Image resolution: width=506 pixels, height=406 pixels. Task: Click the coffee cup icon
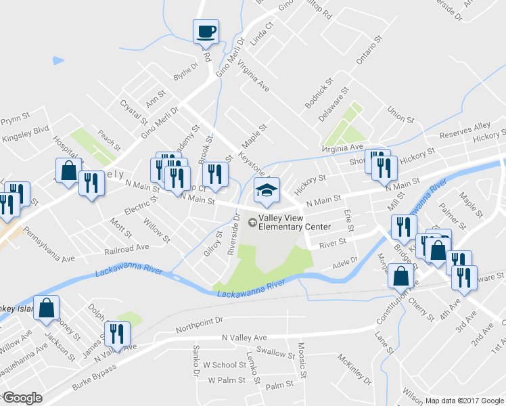tap(206, 30)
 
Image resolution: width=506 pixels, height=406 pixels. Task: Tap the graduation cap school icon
tap(267, 191)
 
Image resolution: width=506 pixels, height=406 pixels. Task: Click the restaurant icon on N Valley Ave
tap(116, 334)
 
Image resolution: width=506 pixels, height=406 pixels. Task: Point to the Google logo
tap(22, 398)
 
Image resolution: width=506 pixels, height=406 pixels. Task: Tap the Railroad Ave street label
tap(121, 248)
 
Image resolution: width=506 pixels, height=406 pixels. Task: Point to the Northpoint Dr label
tap(199, 325)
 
